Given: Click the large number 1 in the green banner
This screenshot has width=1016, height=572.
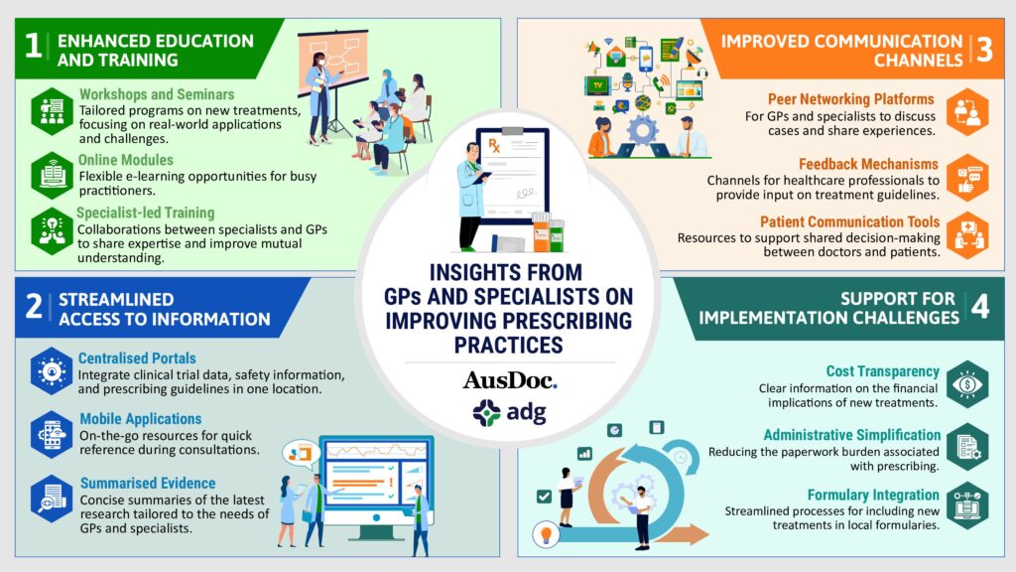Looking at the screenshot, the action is pyautogui.click(x=33, y=47).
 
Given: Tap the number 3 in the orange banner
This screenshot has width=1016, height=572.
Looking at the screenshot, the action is pyautogui.click(x=984, y=50).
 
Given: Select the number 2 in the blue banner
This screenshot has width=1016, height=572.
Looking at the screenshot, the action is pyautogui.click(x=34, y=306).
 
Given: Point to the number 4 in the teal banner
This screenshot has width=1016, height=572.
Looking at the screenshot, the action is pyautogui.click(x=980, y=306).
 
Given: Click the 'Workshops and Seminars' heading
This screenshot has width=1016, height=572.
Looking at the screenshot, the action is pyautogui.click(x=156, y=94).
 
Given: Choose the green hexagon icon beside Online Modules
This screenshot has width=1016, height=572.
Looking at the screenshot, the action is pyautogui.click(x=52, y=176).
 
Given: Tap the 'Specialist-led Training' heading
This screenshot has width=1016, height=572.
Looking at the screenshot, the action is pyautogui.click(x=145, y=213).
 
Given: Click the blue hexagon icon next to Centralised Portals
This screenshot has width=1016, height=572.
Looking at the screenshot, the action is pyautogui.click(x=52, y=371).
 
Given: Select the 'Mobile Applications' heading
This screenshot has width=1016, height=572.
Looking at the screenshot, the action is pyautogui.click(x=141, y=419).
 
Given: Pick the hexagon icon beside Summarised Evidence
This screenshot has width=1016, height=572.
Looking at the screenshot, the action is pyautogui.click(x=52, y=499).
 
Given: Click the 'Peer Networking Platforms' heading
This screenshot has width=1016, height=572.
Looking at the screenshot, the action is pyautogui.click(x=850, y=99).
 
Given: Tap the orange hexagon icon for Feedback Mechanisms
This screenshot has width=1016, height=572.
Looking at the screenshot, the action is pyautogui.click(x=966, y=178).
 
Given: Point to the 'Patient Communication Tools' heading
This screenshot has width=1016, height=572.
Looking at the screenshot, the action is pyautogui.click(x=849, y=221).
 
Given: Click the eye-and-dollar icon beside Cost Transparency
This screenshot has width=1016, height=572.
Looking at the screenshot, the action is pyautogui.click(x=966, y=384).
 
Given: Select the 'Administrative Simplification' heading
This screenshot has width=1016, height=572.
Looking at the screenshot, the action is pyautogui.click(x=851, y=435).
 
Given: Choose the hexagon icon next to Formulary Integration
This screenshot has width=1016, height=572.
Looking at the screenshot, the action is pyautogui.click(x=966, y=505).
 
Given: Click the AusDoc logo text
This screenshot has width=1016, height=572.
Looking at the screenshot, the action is pyautogui.click(x=509, y=380).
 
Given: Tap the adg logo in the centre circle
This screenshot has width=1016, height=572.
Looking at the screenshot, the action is pyautogui.click(x=509, y=412).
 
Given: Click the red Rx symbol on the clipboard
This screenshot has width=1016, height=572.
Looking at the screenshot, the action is pyautogui.click(x=494, y=145).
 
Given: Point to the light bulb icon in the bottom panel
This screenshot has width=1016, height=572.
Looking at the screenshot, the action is pyautogui.click(x=546, y=535).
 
